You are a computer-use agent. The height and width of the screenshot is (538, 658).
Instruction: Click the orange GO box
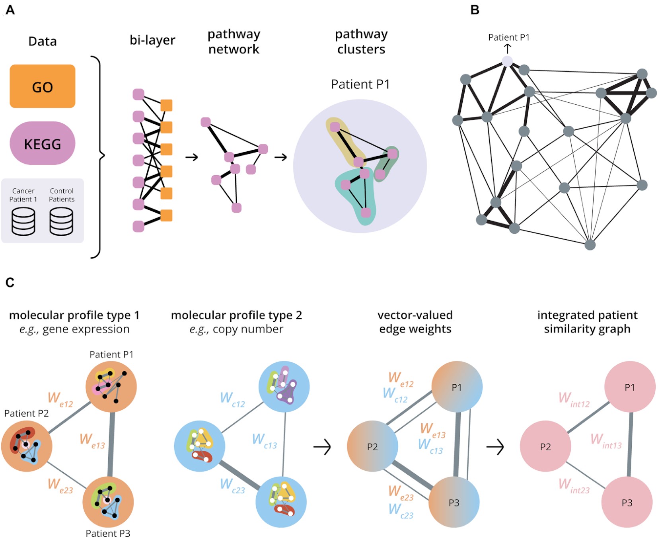coord(42,86)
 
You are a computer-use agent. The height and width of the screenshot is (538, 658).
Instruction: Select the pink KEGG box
coord(42,143)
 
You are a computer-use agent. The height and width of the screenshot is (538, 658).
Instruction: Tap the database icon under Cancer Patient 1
coord(23,221)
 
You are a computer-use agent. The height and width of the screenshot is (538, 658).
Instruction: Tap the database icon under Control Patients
coord(61,221)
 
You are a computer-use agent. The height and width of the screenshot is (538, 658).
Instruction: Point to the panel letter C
coord(10,282)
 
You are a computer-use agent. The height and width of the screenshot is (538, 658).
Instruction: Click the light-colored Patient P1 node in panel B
coord(507,61)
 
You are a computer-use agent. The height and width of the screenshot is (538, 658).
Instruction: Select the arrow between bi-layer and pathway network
coord(192,157)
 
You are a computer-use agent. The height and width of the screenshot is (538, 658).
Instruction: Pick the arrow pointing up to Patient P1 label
coord(507,49)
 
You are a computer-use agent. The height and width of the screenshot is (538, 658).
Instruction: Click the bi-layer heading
coord(152,40)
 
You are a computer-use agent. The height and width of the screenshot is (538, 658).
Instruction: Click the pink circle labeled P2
coord(545,446)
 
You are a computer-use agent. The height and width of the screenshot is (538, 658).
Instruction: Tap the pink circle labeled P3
coord(627,502)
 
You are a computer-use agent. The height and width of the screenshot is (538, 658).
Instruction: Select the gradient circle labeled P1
coord(457,387)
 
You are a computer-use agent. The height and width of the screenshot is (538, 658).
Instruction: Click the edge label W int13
coord(606,441)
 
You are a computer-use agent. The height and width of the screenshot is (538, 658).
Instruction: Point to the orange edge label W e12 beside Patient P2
coord(60,399)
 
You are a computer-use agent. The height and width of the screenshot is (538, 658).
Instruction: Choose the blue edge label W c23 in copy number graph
coord(232,485)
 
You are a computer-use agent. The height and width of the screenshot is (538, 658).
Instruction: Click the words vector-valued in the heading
coord(415,315)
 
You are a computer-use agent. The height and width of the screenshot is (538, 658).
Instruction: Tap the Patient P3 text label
coord(108,533)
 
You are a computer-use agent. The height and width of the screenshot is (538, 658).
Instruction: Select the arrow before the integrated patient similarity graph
coord(495,447)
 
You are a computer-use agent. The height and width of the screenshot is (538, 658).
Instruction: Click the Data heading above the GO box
coord(43,41)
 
